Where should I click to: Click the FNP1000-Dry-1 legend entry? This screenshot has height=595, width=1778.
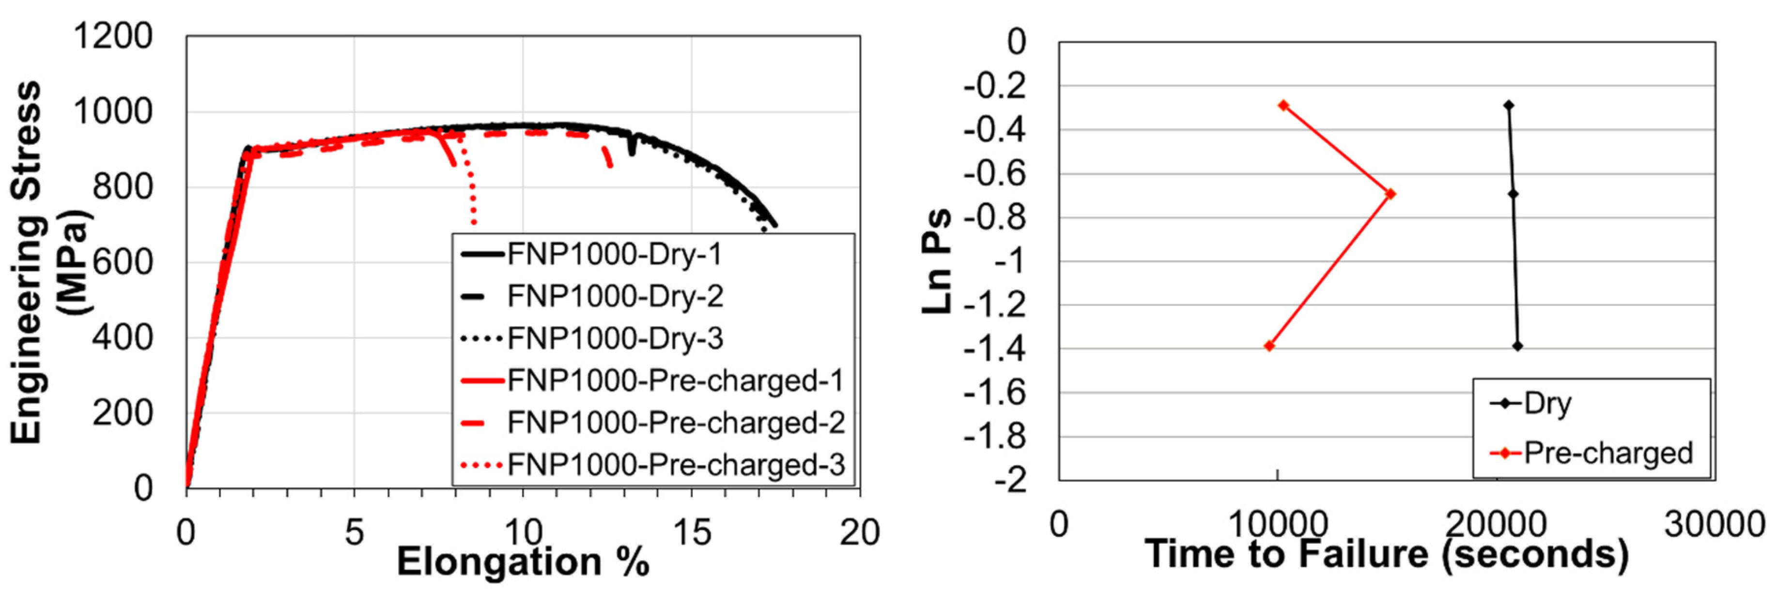click(614, 255)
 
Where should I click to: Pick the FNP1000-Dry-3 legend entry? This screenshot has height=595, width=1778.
click(614, 338)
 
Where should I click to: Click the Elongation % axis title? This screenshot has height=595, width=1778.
click(523, 562)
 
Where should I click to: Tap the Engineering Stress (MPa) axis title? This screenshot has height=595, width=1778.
click(48, 262)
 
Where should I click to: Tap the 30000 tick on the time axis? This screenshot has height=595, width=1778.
click(1715, 525)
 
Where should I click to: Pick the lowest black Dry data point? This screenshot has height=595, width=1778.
click(1517, 346)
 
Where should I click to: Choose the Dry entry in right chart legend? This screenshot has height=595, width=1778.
click(1546, 403)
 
